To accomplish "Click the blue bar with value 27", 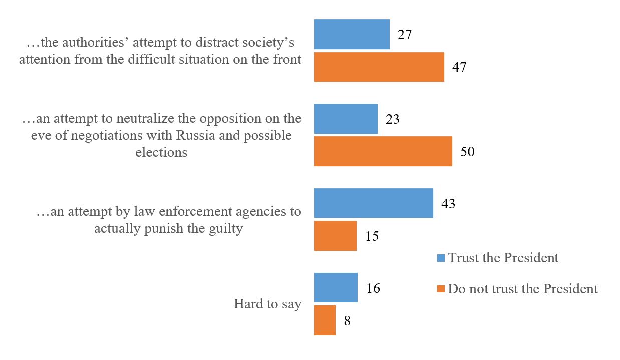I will (352, 34).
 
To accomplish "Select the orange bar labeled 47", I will (379, 67).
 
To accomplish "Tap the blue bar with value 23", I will (346, 119).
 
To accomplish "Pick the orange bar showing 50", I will (383, 151).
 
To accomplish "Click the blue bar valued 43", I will (373, 203).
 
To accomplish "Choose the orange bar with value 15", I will (335, 236).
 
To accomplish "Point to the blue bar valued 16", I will (336, 288).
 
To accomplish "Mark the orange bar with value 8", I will (325, 320).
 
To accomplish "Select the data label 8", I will (347, 320).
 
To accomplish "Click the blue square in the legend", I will (441, 258).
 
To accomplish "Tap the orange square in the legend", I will (441, 289).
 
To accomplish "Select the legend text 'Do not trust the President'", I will (523, 289).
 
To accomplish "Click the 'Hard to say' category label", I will (267, 304).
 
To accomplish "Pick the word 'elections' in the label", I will (161, 152).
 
